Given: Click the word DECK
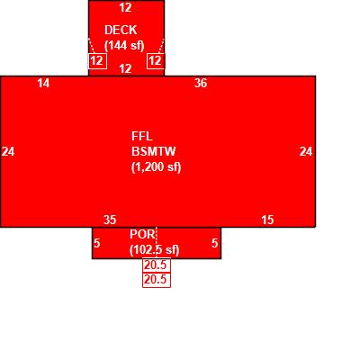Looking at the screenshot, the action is tap(121, 30).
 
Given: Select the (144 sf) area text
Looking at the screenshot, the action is tap(124, 46).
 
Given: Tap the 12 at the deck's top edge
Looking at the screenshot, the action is tap(125, 7).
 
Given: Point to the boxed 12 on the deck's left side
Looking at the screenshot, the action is tap(97, 61).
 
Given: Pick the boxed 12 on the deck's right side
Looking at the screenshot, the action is tap(156, 61).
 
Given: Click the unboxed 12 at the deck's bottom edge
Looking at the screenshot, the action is tap(125, 69).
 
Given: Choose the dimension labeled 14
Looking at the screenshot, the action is tap(43, 83).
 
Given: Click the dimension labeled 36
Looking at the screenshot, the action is tap(201, 83).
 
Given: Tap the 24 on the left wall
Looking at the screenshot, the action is tap(8, 151).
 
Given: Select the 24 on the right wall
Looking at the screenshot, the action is tap(306, 151).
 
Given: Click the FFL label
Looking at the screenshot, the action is tap(142, 137).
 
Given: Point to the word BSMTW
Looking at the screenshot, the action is tap(153, 151).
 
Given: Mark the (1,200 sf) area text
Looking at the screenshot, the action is tap(157, 167).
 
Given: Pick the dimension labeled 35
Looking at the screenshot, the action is tap(110, 220).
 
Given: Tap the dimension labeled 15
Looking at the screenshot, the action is tap(267, 220).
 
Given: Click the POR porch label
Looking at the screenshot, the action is tap(143, 234).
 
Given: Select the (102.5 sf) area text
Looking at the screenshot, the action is tap(155, 250).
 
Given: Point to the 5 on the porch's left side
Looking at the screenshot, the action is tap(96, 243).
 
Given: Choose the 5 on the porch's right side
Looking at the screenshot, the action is tap(214, 243).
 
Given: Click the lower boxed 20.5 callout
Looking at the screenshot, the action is tap(157, 280).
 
